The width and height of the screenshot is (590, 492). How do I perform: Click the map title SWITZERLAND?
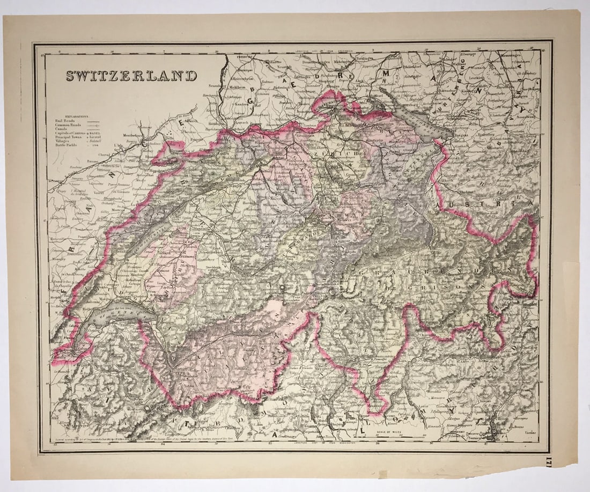click(131, 76)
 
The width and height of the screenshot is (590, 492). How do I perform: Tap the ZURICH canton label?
click(337, 153)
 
